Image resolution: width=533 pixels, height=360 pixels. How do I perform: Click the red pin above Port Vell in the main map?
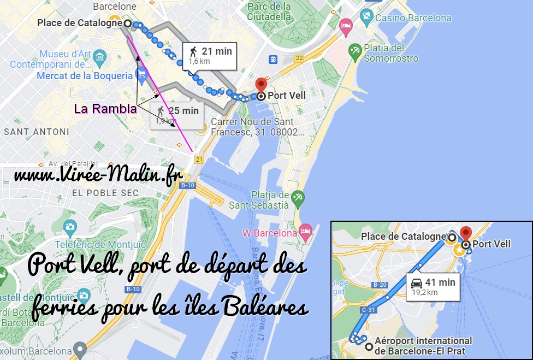click(261, 85)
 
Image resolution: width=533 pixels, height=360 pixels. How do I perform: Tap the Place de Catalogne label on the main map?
click(80, 23)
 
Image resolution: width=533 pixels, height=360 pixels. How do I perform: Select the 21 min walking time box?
click(210, 56)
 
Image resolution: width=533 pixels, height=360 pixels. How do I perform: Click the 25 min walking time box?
click(177, 115)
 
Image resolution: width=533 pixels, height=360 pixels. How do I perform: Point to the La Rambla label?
click(105, 109)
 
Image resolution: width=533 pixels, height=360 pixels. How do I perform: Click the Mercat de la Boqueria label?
click(85, 76)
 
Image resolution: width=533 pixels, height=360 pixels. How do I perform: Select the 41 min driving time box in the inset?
click(433, 286)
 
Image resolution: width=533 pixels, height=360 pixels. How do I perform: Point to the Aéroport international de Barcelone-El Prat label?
click(424, 345)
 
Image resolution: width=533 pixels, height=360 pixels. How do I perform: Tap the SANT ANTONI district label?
click(37, 132)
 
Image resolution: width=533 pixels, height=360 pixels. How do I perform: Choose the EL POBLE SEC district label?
click(105, 193)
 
